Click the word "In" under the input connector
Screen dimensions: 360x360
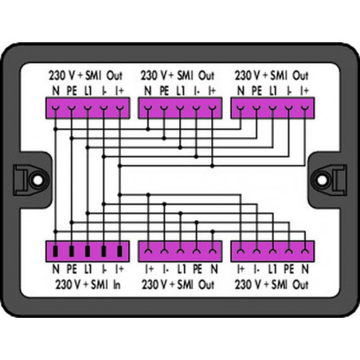tap(117, 285)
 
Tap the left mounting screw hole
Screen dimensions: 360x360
tap(37, 180)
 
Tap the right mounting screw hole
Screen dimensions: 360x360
tap(323, 180)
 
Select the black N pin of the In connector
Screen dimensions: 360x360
tap(55, 251)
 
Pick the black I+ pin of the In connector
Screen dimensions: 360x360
tap(119, 251)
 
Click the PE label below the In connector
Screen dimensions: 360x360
tap(71, 269)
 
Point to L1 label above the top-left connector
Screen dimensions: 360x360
tap(88, 92)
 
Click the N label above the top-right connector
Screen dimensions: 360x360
tap(241, 92)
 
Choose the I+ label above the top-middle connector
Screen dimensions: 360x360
tap(212, 92)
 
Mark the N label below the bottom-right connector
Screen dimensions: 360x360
tap(305, 269)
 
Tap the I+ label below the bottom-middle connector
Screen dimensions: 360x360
tap(149, 269)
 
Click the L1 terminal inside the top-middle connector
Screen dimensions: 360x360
tap(180, 108)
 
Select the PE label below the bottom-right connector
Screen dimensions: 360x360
tap(288, 269)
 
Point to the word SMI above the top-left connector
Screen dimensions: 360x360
tap(93, 76)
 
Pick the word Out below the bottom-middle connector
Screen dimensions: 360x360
tap(206, 285)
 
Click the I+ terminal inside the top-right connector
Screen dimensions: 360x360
tap(305, 108)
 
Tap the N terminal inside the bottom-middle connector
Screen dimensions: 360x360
tap(213, 251)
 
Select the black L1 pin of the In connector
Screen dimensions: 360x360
tap(88, 251)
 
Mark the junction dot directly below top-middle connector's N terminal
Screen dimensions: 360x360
tap(148, 129)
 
